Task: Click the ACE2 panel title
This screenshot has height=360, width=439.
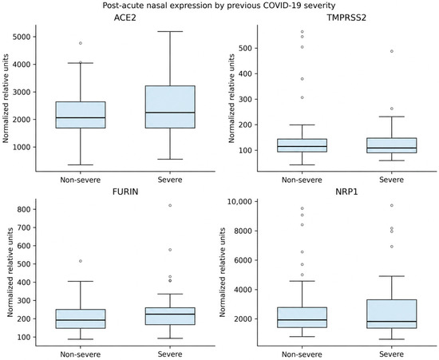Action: tap(125, 18)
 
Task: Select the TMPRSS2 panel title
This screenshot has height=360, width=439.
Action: tap(346, 18)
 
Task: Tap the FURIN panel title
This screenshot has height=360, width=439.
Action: tap(125, 192)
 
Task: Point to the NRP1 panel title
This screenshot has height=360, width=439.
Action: tap(346, 192)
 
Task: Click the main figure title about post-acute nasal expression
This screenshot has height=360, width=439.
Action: tap(219, 6)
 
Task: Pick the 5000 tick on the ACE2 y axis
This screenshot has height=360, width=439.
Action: tap(22, 37)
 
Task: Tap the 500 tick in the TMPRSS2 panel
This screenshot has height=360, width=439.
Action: tap(244, 48)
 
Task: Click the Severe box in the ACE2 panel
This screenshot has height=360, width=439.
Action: tap(170, 107)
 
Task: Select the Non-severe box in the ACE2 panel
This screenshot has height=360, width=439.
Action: tap(81, 115)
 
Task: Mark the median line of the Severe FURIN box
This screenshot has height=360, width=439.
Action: tap(170, 314)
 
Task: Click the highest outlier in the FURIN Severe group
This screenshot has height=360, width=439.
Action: tap(170, 205)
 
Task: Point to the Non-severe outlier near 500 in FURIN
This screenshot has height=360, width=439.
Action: tap(81, 261)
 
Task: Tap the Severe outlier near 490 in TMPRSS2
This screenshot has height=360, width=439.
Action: tap(392, 51)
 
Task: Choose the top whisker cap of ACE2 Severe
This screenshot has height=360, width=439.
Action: tap(170, 32)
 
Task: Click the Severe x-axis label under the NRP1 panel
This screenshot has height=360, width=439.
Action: tap(391, 354)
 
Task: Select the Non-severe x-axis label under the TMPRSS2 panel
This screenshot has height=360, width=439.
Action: tap(302, 180)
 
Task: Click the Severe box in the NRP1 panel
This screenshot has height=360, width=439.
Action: tap(392, 314)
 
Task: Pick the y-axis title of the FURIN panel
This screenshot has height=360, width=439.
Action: tap(10, 272)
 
